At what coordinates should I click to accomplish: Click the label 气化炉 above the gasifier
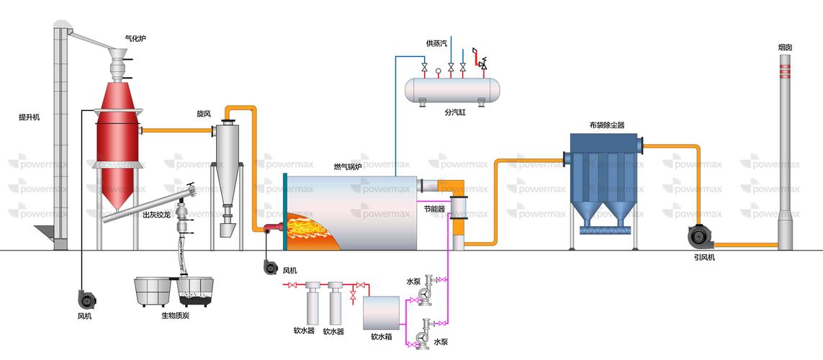tap(135, 37)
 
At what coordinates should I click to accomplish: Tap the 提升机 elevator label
tap(29, 117)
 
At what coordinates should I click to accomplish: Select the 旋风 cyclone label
tap(204, 113)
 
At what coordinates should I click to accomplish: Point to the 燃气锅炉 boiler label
tap(348, 167)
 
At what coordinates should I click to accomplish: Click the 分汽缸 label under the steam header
tap(455, 112)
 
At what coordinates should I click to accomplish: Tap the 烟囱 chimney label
tap(786, 48)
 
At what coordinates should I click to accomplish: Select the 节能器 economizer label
tap(435, 209)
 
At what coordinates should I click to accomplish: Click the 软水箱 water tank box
tap(381, 312)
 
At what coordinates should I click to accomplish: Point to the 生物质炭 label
tap(175, 315)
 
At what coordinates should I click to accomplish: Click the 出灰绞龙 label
tap(156, 215)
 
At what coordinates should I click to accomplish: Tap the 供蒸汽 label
tap(436, 43)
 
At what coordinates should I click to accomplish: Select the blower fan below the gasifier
tap(88, 297)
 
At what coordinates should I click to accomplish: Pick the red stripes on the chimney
tap(786, 70)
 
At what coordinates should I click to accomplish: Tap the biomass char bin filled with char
tap(195, 292)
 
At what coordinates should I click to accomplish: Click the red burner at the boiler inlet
tap(274, 228)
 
